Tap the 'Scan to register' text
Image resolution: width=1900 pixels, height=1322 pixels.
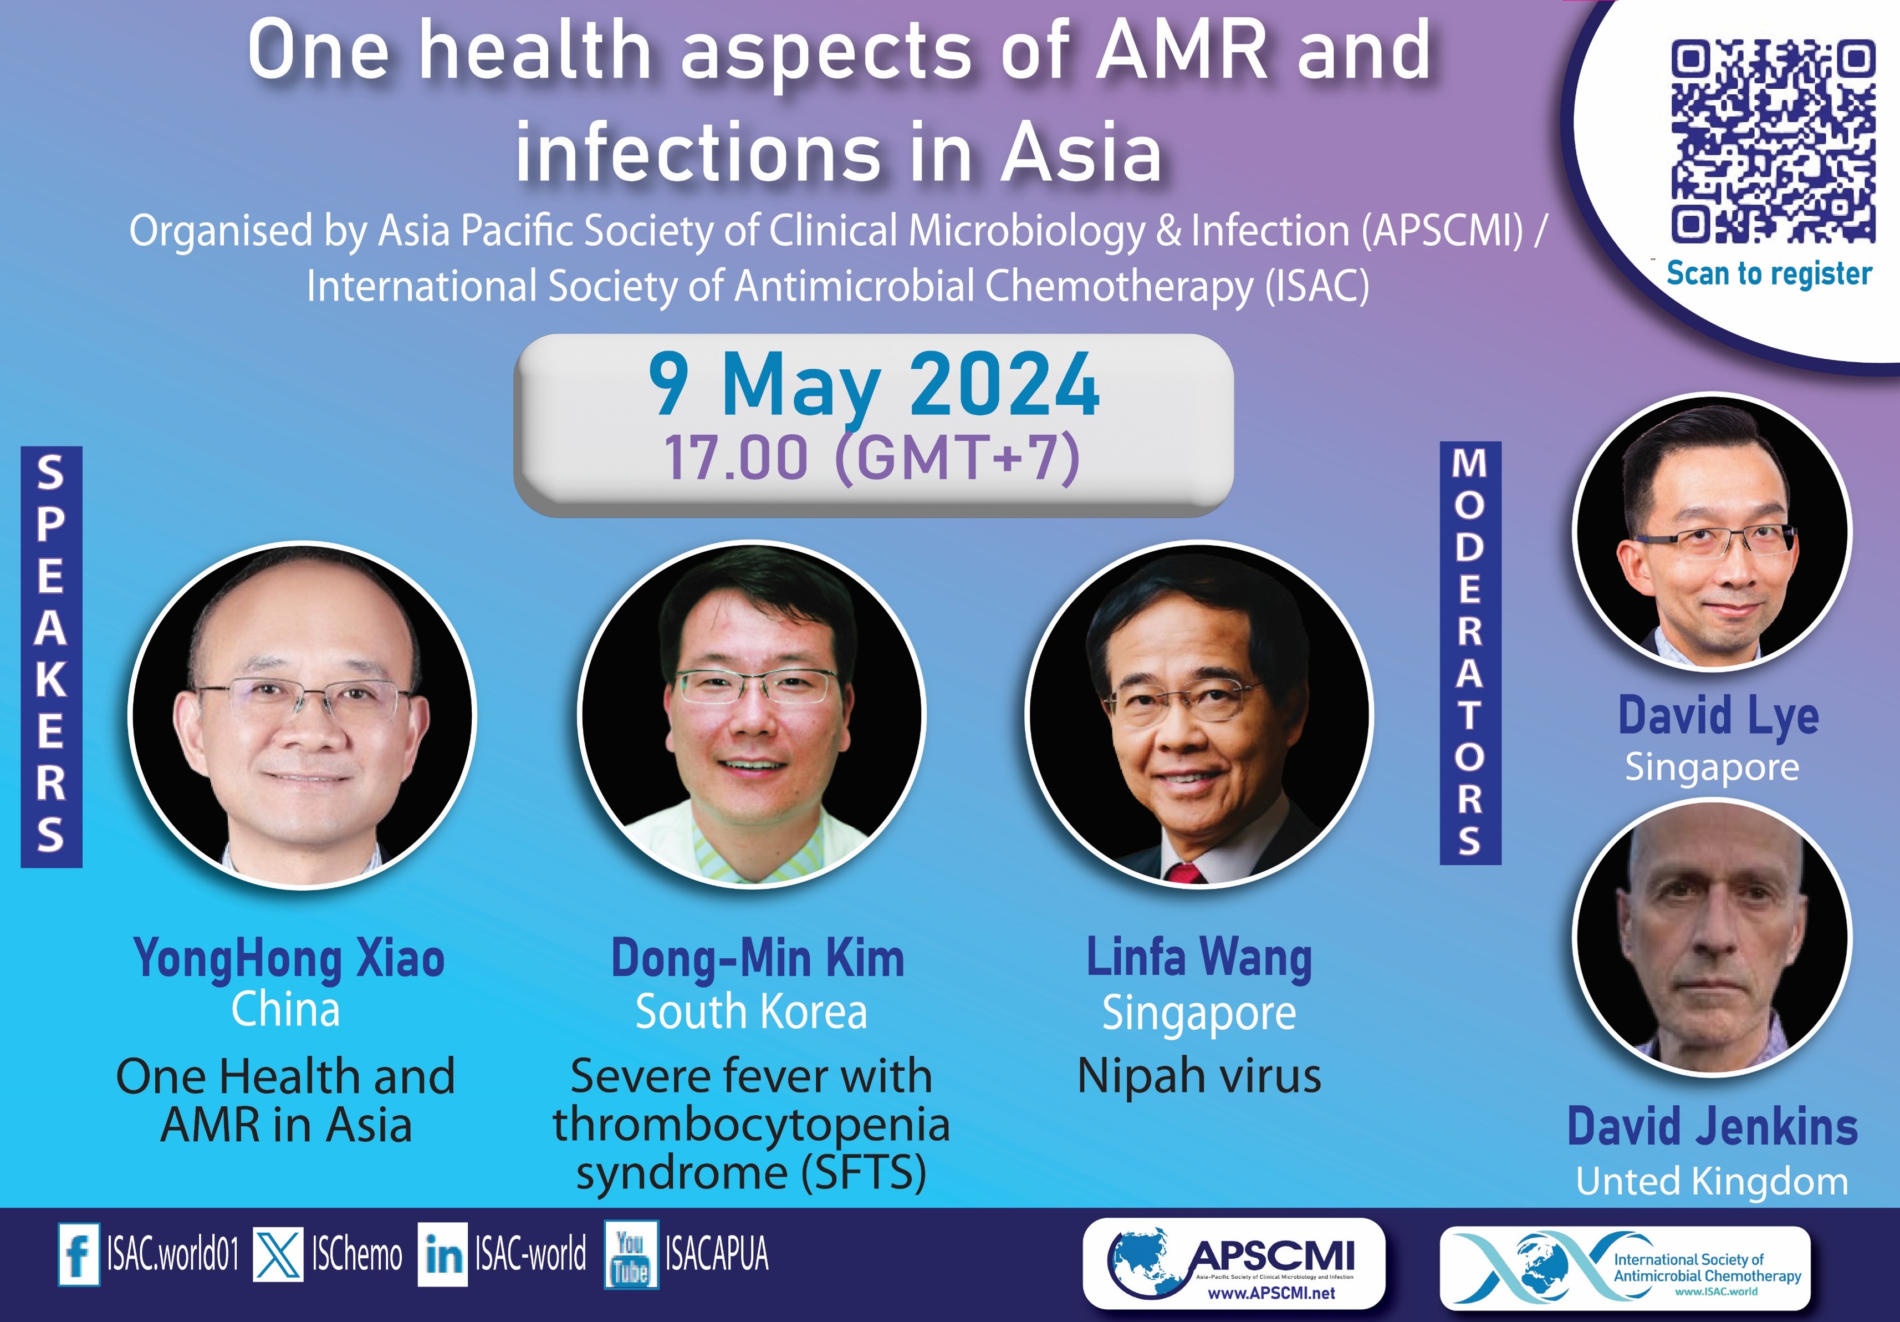tap(1769, 273)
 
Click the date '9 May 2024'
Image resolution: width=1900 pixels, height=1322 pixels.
tap(874, 384)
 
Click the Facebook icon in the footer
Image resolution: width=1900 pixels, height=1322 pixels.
tap(79, 1254)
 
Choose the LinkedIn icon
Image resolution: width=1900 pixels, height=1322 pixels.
tap(443, 1255)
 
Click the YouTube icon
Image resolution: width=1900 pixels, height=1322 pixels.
tap(631, 1255)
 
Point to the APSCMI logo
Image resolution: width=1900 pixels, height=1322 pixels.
tap(1234, 1263)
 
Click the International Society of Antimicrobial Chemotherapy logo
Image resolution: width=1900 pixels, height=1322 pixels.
tap(1625, 1268)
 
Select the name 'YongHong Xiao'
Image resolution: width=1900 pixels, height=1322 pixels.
tap(290, 959)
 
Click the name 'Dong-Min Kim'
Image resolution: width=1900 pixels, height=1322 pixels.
tap(758, 959)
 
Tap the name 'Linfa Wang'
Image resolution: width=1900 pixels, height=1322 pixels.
tap(1199, 959)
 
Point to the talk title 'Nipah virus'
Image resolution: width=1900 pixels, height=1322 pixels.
tap(1199, 1076)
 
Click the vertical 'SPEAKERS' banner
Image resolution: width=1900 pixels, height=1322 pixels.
tap(52, 657)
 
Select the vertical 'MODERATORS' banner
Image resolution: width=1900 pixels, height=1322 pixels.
tap(1470, 653)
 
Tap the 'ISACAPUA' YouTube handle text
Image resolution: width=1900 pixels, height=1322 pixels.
tap(717, 1254)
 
